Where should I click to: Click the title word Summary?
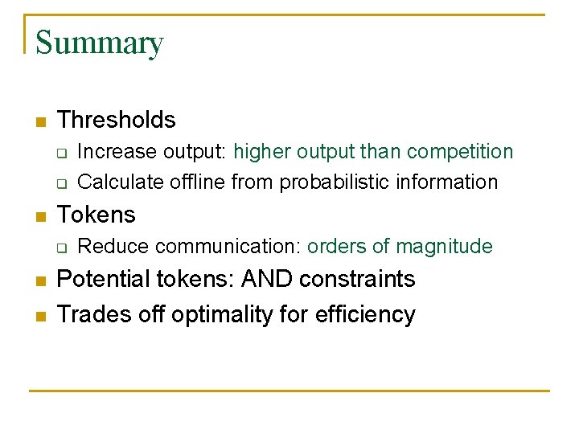pyautogui.click(x=99, y=43)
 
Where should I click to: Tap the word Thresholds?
pyautogui.click(x=117, y=120)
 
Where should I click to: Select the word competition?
pyautogui.click(x=460, y=152)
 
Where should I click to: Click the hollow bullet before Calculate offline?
pyautogui.click(x=60, y=183)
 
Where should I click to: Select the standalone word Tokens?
pyautogui.click(x=96, y=215)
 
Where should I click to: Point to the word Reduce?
pyautogui.click(x=105, y=247)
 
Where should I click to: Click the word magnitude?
pyautogui.click(x=444, y=247)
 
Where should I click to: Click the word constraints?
pyautogui.click(x=358, y=279)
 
